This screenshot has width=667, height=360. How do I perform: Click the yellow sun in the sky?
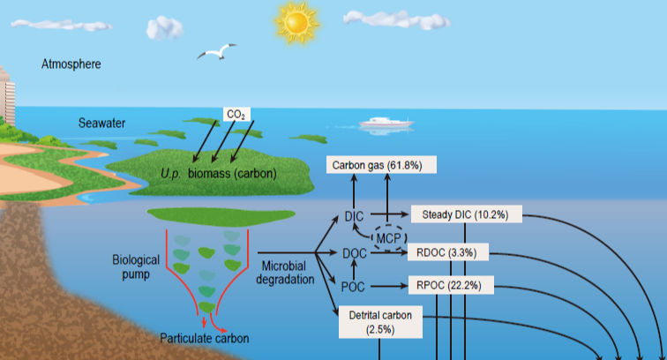296,21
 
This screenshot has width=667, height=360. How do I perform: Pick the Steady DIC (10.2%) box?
467,214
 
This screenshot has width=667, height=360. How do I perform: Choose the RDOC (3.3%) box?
447,252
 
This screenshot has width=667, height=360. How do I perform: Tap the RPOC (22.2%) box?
450,286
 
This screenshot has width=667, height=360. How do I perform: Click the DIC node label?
353,216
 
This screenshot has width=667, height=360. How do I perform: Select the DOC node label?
353,254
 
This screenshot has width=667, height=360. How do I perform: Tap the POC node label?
353,287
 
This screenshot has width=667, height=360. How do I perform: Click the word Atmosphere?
71,64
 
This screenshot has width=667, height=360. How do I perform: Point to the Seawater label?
101,123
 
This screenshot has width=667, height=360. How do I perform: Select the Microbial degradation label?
287,273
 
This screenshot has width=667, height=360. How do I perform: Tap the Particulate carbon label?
204,338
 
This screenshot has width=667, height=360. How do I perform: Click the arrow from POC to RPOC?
386,287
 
